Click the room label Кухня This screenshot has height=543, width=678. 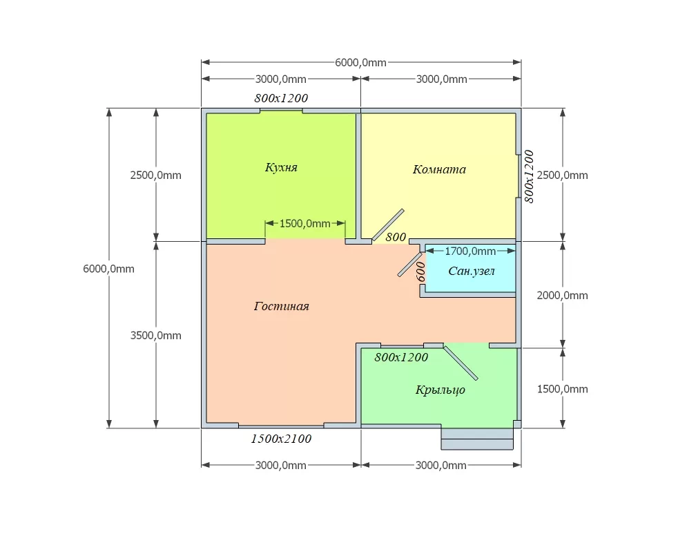tap(281, 168)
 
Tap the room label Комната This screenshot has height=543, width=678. tap(439, 169)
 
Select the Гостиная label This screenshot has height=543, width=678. tap(282, 306)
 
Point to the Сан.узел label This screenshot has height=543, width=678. tap(472, 271)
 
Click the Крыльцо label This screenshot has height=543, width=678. tap(440, 390)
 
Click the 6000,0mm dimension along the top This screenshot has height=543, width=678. tap(360, 63)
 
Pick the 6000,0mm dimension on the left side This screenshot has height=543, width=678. tap(108, 269)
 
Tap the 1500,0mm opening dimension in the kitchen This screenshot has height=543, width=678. tap(305, 224)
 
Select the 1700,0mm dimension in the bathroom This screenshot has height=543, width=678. tap(470, 251)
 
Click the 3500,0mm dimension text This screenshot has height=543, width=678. tap(155, 335)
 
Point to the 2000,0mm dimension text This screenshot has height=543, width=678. tap(562, 296)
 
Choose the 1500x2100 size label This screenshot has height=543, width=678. tap(281, 439)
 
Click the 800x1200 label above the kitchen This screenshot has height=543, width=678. tap(281, 98)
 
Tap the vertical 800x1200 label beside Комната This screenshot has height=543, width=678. tap(529, 177)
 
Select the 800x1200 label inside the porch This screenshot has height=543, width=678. tap(401, 357)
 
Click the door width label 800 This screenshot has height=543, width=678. tap(396, 237)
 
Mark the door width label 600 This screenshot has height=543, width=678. tap(420, 271)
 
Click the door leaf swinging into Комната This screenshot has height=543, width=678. tap(388, 225)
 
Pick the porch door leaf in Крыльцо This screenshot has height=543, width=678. tap(461, 363)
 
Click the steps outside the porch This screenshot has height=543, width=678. tap(477, 439)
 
